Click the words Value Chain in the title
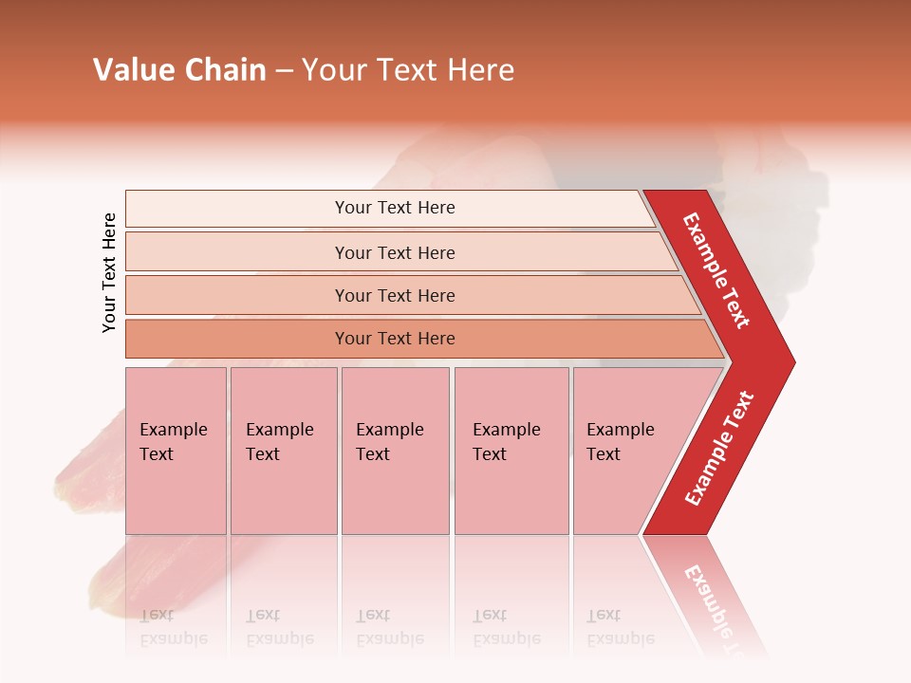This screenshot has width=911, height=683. click(179, 70)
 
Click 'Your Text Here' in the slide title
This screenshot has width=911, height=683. click(408, 70)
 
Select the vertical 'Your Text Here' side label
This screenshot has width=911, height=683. click(109, 272)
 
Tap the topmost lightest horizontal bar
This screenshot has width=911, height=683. click(394, 208)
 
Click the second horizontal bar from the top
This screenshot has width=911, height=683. click(394, 252)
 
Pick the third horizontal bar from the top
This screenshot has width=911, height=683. click(394, 295)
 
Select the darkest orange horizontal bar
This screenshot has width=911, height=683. click(394, 339)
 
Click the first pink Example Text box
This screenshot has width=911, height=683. click(176, 451)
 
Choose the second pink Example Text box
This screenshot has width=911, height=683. click(283, 451)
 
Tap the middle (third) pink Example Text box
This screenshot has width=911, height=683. click(395, 451)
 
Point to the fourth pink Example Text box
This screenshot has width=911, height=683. click(511, 451)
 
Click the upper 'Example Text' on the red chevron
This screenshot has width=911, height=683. click(716, 270)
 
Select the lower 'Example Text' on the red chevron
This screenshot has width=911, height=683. click(719, 449)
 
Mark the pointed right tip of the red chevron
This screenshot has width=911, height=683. click(791, 361)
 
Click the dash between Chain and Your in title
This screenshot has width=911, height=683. click(284, 71)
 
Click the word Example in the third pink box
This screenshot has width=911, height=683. click(389, 430)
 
